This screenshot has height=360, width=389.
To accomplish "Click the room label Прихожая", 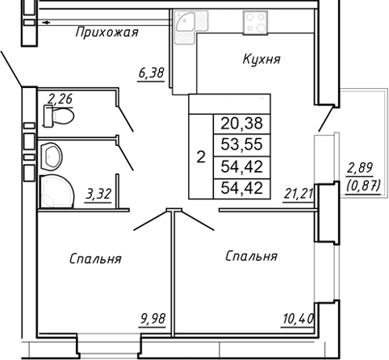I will pos(107,33).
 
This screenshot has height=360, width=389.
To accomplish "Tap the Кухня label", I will pos(261,60).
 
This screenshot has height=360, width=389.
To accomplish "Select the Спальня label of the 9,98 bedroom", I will pos(95,259).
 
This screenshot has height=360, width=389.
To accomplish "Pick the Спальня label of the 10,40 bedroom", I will pos(251,256).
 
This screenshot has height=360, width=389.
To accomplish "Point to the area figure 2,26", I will pos(61,100).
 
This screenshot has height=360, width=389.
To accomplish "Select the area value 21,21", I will pos(299,192).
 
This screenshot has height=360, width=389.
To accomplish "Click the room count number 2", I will pos(200,157).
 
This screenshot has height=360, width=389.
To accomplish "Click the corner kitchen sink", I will pos(187,25).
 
